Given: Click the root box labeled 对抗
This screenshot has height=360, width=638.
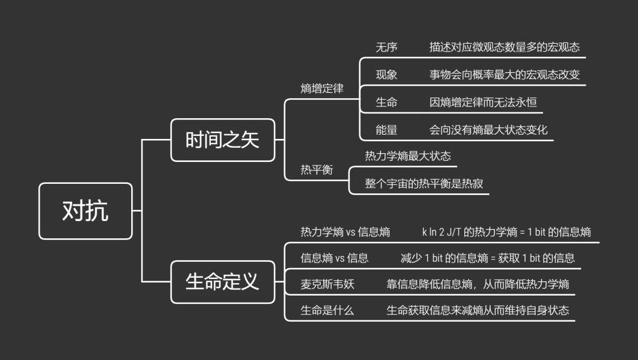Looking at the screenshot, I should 86,211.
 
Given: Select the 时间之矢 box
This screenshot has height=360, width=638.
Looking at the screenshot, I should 223,140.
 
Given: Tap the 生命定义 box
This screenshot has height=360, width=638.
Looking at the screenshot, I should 223,281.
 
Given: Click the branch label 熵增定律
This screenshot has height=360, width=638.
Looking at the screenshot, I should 322,89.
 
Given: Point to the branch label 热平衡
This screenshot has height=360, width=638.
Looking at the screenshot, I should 317,170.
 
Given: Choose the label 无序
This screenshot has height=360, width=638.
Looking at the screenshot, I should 386,47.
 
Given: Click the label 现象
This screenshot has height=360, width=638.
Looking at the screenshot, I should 386,74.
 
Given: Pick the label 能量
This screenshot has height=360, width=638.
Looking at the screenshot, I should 386,129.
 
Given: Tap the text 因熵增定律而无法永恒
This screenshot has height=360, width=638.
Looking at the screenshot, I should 483,102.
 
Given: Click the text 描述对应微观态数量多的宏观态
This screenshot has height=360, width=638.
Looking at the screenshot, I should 504,47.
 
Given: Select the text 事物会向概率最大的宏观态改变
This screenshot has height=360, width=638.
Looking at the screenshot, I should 504,74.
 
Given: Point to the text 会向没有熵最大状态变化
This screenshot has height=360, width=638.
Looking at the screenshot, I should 489,129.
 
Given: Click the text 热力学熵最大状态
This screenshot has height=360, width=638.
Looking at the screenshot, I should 408,156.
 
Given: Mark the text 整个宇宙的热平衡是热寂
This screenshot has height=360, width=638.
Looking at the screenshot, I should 424,183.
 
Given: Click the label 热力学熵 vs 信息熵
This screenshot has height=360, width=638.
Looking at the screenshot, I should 345,232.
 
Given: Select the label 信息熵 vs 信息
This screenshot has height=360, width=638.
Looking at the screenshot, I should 334,258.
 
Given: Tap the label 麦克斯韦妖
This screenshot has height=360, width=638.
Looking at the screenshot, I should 327,284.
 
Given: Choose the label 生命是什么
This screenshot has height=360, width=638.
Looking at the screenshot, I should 327,310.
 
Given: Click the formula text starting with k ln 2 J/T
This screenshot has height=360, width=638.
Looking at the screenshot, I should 506,232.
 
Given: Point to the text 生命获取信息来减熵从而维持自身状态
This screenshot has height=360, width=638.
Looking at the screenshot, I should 478,310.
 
